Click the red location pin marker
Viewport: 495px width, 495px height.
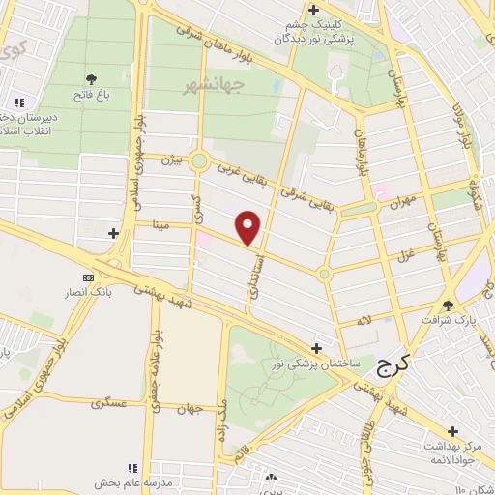point(248,227)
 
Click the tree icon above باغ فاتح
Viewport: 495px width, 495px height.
point(91,79)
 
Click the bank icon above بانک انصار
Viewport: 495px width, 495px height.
point(89,277)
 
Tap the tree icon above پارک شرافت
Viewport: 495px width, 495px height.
point(448,304)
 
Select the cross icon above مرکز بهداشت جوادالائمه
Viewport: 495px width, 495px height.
point(452,431)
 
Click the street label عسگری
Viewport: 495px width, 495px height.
point(109,401)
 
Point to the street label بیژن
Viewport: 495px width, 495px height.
point(171,159)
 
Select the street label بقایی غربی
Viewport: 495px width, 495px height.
point(238,172)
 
